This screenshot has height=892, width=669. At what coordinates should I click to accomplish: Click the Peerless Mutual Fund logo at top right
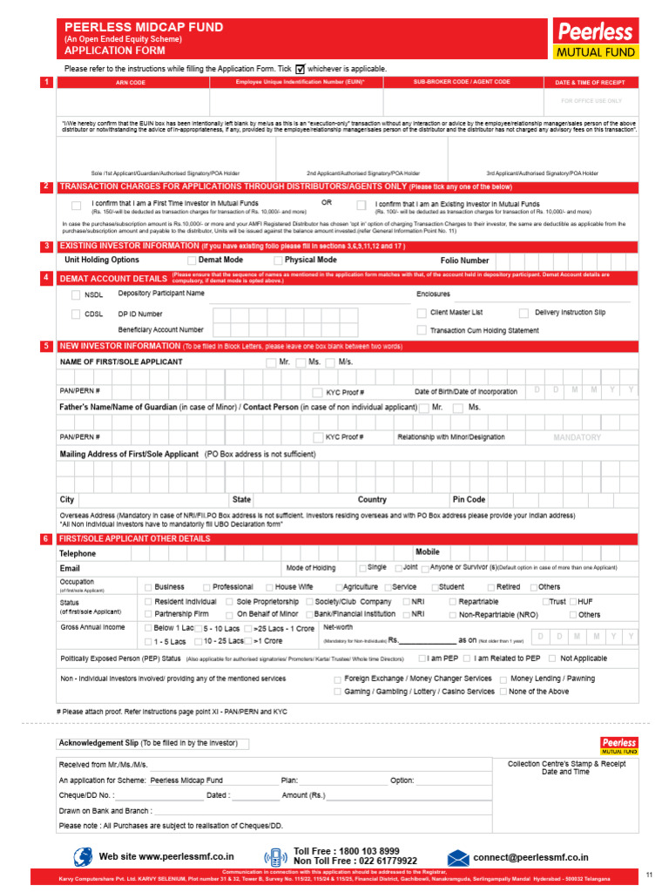(x=597, y=40)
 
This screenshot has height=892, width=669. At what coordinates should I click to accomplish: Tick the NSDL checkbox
(x=75, y=295)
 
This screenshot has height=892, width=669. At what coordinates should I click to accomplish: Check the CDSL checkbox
(x=75, y=314)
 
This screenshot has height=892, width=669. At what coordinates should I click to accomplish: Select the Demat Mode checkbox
(x=192, y=260)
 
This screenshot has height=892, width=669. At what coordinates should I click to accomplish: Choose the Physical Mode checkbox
(x=278, y=260)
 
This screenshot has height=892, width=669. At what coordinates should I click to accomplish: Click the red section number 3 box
(x=46, y=247)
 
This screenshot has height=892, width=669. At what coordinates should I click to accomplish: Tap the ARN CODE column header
(x=131, y=82)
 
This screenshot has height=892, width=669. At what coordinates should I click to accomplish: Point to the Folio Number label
(x=464, y=260)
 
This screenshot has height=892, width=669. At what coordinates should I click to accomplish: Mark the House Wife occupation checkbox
(x=269, y=587)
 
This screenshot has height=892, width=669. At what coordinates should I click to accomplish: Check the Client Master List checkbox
(x=422, y=313)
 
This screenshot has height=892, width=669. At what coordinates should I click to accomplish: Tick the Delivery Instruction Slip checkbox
(x=524, y=313)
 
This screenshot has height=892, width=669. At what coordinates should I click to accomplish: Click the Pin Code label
(x=469, y=500)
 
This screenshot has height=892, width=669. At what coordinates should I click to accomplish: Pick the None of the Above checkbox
(x=503, y=692)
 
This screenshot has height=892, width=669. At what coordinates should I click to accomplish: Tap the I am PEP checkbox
(x=422, y=659)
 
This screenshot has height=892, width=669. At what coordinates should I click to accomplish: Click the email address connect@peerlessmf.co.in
(x=530, y=858)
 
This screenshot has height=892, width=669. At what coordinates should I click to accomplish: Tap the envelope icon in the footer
(x=459, y=858)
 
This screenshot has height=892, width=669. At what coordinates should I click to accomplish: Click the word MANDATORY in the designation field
(x=577, y=437)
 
